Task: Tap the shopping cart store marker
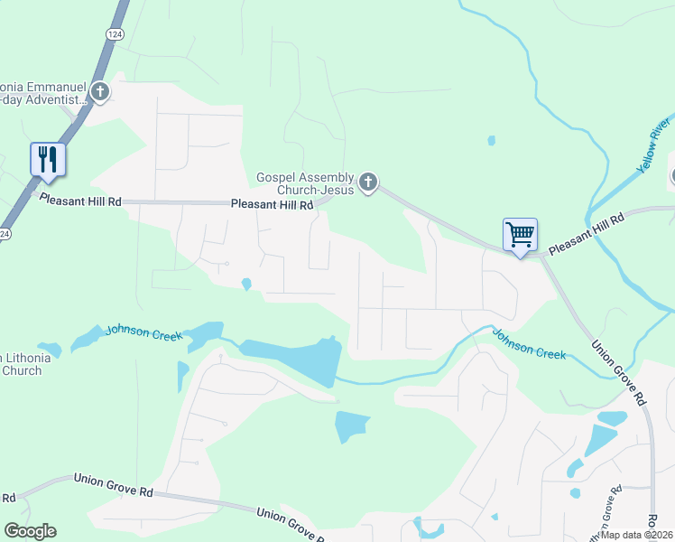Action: pos(520,235)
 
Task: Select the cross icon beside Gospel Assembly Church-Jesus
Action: pos(367,183)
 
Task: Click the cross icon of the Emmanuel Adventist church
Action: pos(99,91)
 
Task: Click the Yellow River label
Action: pos(654,145)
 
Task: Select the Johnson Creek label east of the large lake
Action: pos(529,343)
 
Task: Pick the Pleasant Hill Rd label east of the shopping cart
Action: pos(587,233)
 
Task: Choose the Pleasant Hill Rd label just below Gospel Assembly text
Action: pos(271,205)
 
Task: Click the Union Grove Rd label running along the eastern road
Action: pos(619,371)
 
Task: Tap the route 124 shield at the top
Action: pos(114,33)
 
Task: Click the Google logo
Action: pos(30,531)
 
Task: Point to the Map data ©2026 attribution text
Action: pos(636,535)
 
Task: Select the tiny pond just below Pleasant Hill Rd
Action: pos(246,285)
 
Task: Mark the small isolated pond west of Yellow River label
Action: pos(491,140)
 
